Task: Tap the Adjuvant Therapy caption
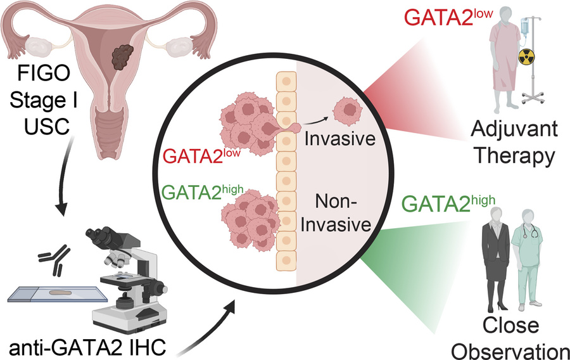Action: click(514, 143)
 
